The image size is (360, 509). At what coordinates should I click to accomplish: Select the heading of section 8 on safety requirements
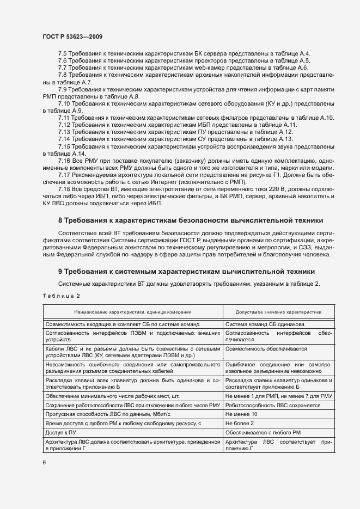pos(191,220)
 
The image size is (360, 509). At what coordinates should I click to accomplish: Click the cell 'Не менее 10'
pos(241,414)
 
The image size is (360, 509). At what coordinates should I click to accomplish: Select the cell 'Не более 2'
pos(240,423)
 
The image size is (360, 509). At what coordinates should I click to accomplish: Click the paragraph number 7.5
pos(63,53)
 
